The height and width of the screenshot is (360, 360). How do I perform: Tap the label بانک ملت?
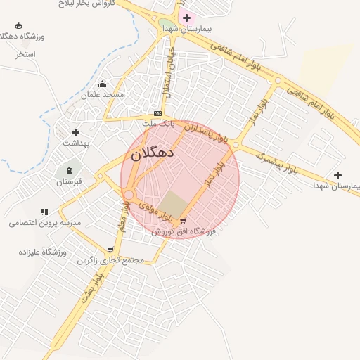[x=157, y=124]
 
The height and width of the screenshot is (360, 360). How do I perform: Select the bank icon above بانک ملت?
[x=157, y=114]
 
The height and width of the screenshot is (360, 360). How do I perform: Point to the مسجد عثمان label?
[x=103, y=95]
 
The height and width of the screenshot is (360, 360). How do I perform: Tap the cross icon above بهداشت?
[x=75, y=132]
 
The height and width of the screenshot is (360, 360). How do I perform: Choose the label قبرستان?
[x=70, y=181]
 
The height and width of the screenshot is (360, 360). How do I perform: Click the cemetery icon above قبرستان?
[x=69, y=171]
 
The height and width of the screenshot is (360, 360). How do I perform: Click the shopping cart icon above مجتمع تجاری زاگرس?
[x=110, y=250]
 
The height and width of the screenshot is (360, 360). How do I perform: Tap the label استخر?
[x=26, y=54]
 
